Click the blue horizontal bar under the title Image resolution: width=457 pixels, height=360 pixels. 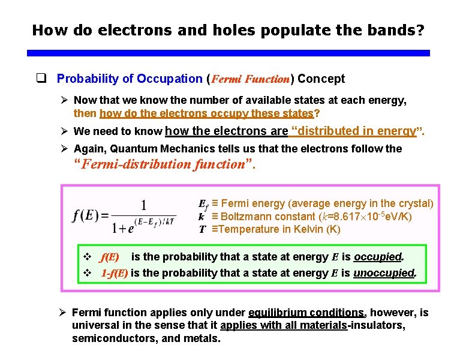tap(228, 53)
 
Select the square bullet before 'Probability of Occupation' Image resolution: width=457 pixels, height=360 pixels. tap(41, 79)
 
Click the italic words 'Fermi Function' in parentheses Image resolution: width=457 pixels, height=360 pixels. tap(251, 79)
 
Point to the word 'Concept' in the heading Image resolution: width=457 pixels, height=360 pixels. tap(321, 79)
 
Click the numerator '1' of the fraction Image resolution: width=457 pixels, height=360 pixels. tap(144, 204)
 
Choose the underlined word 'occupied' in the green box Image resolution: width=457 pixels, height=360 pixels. tap(377, 257)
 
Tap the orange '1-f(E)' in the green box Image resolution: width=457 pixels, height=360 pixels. tap(114, 273)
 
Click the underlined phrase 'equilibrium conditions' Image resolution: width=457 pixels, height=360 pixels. tap(306, 313)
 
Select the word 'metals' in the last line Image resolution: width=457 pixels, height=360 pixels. tap(202, 338)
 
